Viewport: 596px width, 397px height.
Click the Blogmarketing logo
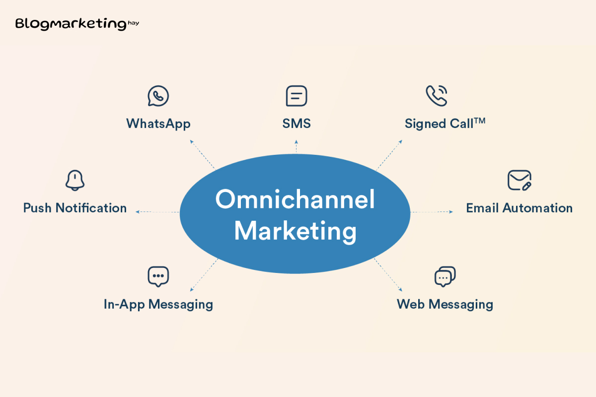[x=77, y=24]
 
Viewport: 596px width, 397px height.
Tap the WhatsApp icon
[x=158, y=96]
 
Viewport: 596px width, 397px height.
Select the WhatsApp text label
[x=158, y=124]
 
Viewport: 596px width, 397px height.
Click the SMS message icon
[x=297, y=96]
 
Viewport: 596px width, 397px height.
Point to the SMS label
[x=297, y=124]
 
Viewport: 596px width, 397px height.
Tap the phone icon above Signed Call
[x=437, y=96]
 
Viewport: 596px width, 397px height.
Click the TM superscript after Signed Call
[x=480, y=121]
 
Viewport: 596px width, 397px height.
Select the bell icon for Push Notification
[x=75, y=180]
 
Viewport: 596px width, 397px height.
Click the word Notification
[x=91, y=208]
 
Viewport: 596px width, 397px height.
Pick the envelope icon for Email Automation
[x=520, y=180]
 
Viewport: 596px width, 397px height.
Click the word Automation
[x=537, y=208]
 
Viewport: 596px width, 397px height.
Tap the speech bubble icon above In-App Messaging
[x=158, y=276]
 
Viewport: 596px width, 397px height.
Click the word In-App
[x=124, y=305]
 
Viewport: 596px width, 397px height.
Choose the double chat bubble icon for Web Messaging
[x=445, y=276]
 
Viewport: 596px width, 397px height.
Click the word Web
[x=411, y=304]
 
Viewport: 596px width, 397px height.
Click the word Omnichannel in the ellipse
[x=295, y=199]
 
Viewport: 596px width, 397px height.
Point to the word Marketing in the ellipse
[x=295, y=231]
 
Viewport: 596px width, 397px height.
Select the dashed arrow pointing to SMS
[x=297, y=146]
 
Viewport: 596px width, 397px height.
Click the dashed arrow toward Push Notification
[x=157, y=212]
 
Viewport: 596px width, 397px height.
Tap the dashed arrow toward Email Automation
[x=432, y=212]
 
